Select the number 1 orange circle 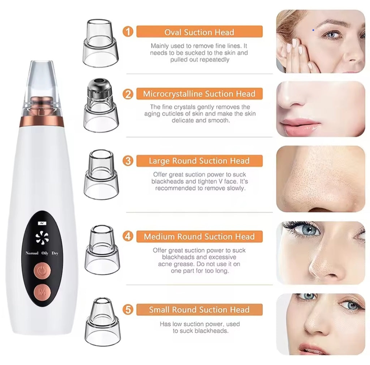click(128, 32)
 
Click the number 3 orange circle click(128, 161)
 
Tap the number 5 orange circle click(128, 310)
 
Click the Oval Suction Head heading click(199, 32)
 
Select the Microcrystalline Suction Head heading click(199, 94)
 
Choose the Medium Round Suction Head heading click(199, 237)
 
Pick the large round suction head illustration click(102, 175)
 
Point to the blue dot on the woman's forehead click(313, 30)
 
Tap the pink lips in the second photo click(301, 125)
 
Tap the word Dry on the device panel click(55, 253)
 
